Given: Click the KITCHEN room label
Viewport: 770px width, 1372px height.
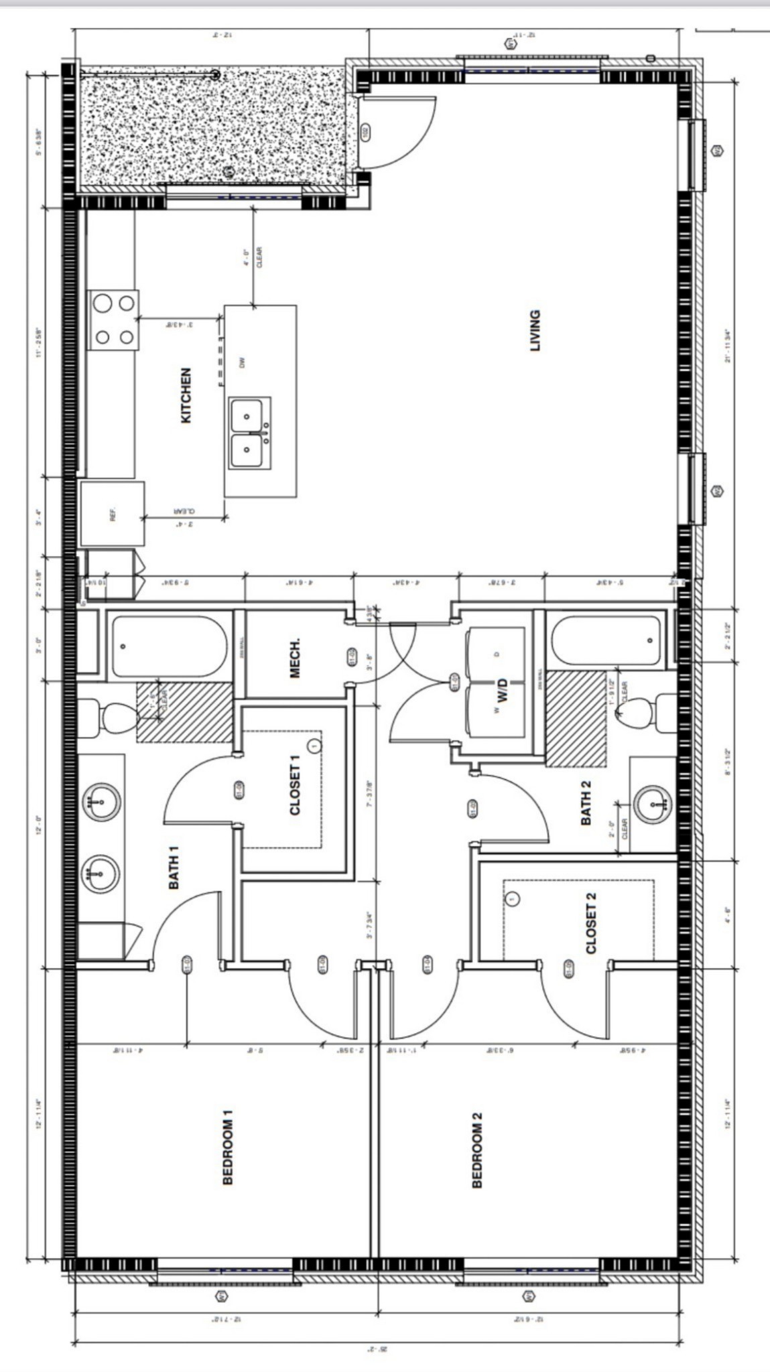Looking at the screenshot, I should [x=186, y=395].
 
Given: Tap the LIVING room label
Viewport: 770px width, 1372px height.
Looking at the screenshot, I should [x=535, y=330].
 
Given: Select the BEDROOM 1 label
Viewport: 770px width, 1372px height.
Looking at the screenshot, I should [x=228, y=1148].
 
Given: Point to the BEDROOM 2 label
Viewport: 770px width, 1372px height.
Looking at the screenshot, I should [x=477, y=1150].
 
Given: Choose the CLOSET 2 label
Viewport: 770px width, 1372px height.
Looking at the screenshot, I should [x=590, y=922].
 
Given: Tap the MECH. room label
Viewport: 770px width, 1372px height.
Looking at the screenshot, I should [x=295, y=658].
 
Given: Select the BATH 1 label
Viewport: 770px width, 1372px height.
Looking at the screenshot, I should [x=174, y=868].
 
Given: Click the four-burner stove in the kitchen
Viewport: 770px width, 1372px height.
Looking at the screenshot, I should [x=114, y=320].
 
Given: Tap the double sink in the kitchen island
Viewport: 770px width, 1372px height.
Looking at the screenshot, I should [x=249, y=433].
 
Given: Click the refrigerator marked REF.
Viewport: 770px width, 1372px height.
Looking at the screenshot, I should [x=113, y=514].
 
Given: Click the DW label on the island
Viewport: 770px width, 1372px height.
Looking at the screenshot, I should [x=243, y=362].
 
